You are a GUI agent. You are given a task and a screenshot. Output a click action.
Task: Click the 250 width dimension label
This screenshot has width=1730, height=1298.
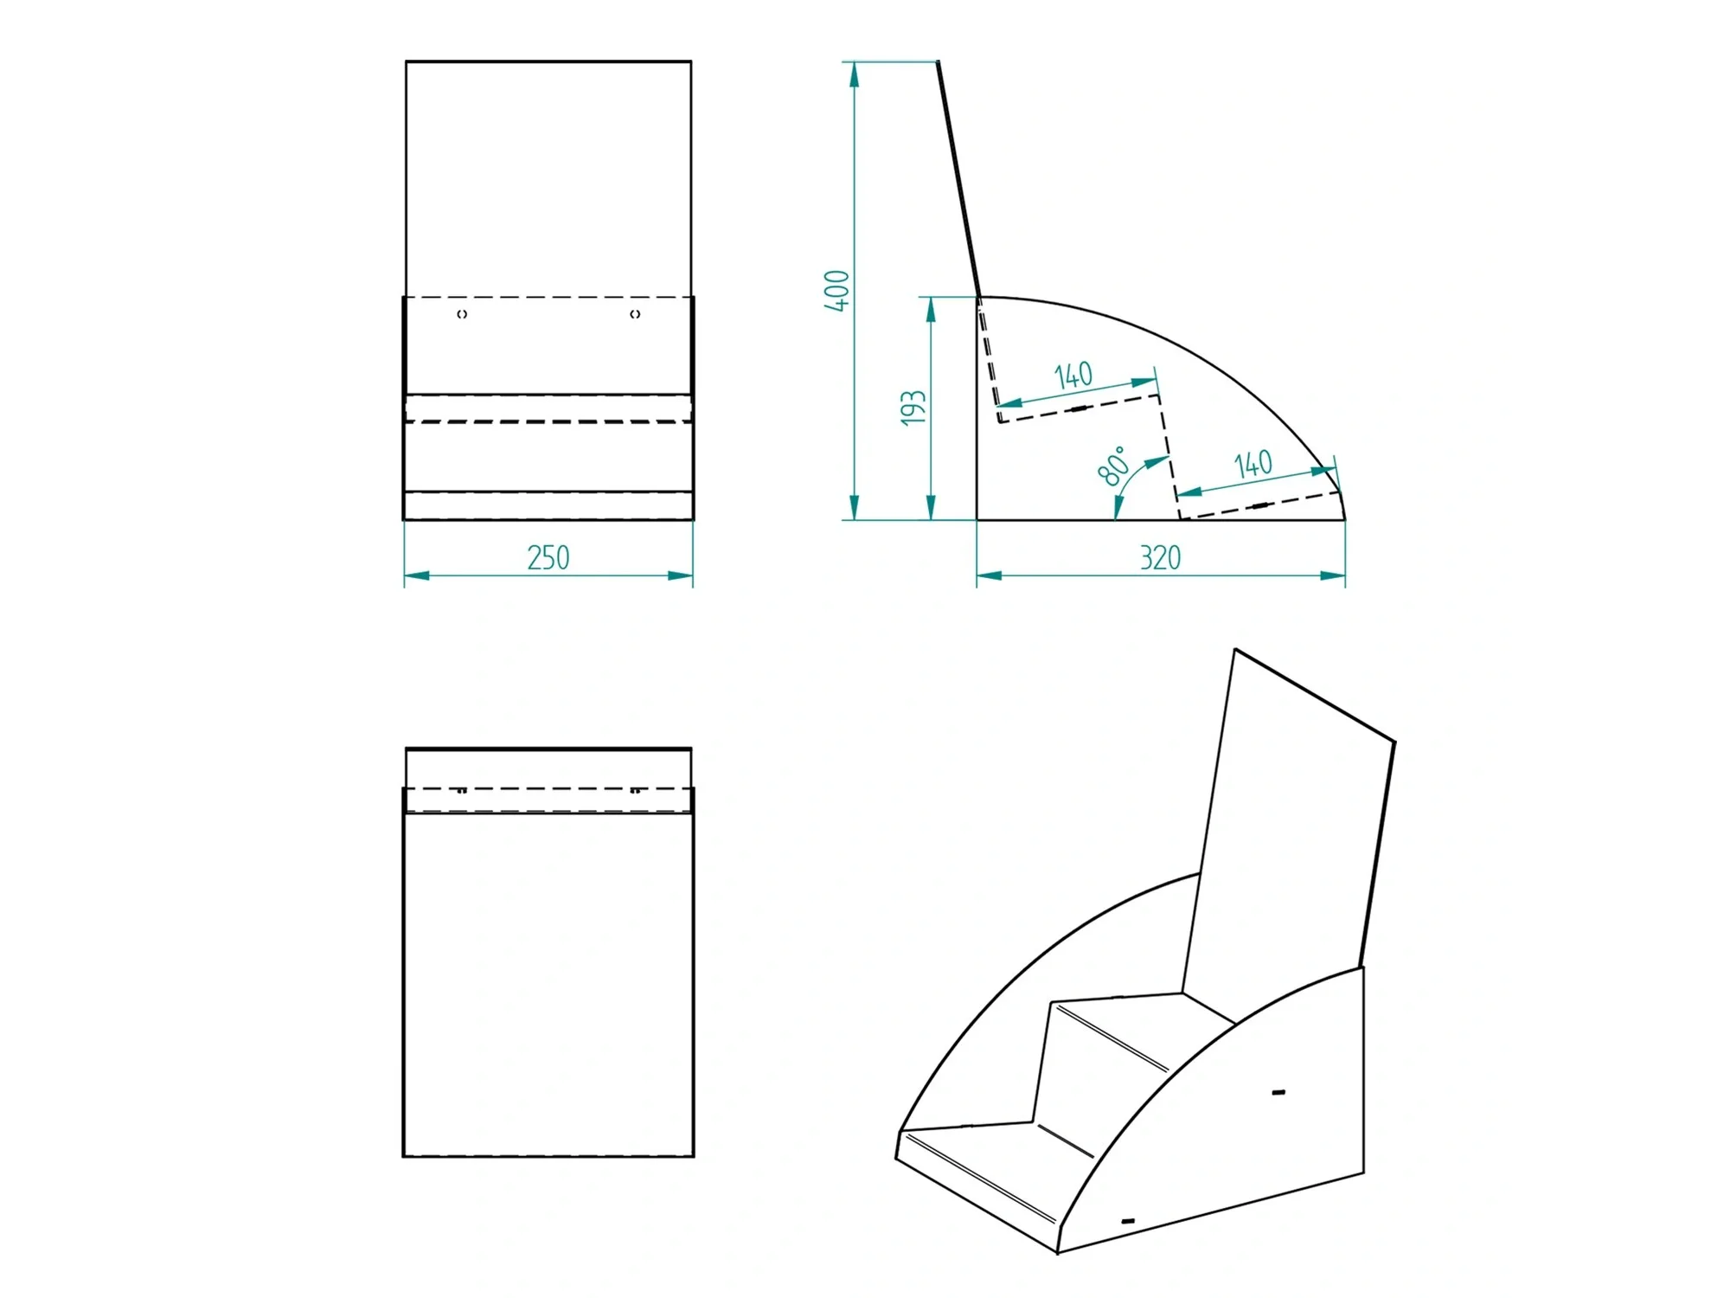(x=548, y=557)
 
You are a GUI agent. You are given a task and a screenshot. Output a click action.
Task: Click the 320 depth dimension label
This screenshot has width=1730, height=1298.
(x=1160, y=557)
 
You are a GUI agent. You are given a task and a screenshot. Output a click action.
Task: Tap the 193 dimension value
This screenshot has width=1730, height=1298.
(x=913, y=408)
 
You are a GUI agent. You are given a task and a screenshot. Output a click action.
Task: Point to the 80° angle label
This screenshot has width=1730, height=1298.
(x=1113, y=466)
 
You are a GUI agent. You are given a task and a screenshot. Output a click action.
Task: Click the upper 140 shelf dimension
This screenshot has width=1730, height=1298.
(x=1073, y=376)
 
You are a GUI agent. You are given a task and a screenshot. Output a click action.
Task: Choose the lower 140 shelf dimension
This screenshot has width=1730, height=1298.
(x=1253, y=465)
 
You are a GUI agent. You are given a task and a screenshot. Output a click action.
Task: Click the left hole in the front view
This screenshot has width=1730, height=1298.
(x=462, y=314)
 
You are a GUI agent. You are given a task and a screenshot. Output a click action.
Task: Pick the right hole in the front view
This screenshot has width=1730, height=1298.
(x=635, y=314)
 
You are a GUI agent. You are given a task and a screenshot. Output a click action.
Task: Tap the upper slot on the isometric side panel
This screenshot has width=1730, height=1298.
(x=1278, y=1093)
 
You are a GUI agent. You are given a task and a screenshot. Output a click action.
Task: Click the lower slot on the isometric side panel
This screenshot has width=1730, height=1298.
(x=1128, y=1220)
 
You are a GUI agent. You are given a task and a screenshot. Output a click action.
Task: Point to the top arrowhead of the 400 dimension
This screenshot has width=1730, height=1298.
(x=855, y=74)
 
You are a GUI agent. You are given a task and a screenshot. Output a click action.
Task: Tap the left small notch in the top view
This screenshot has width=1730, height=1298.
(x=462, y=790)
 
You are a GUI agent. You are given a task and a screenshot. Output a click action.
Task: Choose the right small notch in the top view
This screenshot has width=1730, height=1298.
(x=635, y=790)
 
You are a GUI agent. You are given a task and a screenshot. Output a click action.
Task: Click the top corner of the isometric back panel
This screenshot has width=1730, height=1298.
(x=1235, y=649)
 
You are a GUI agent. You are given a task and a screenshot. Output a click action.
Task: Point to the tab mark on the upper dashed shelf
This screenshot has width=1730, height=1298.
(x=1078, y=408)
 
